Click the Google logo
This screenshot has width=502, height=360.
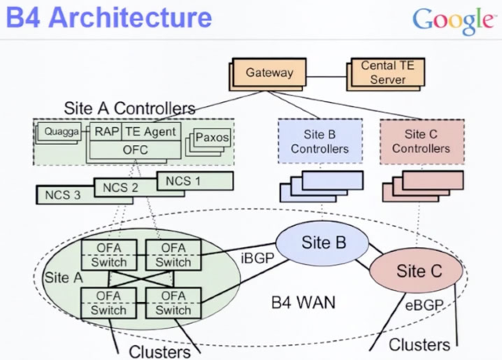455,21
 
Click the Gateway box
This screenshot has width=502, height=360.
269,73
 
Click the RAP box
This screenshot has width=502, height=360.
107,132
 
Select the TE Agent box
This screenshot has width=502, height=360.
151,132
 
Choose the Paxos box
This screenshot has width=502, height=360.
212,138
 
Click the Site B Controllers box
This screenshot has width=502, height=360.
319,141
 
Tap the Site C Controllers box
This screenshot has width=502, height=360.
421,141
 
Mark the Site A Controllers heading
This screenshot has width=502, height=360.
129,107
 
